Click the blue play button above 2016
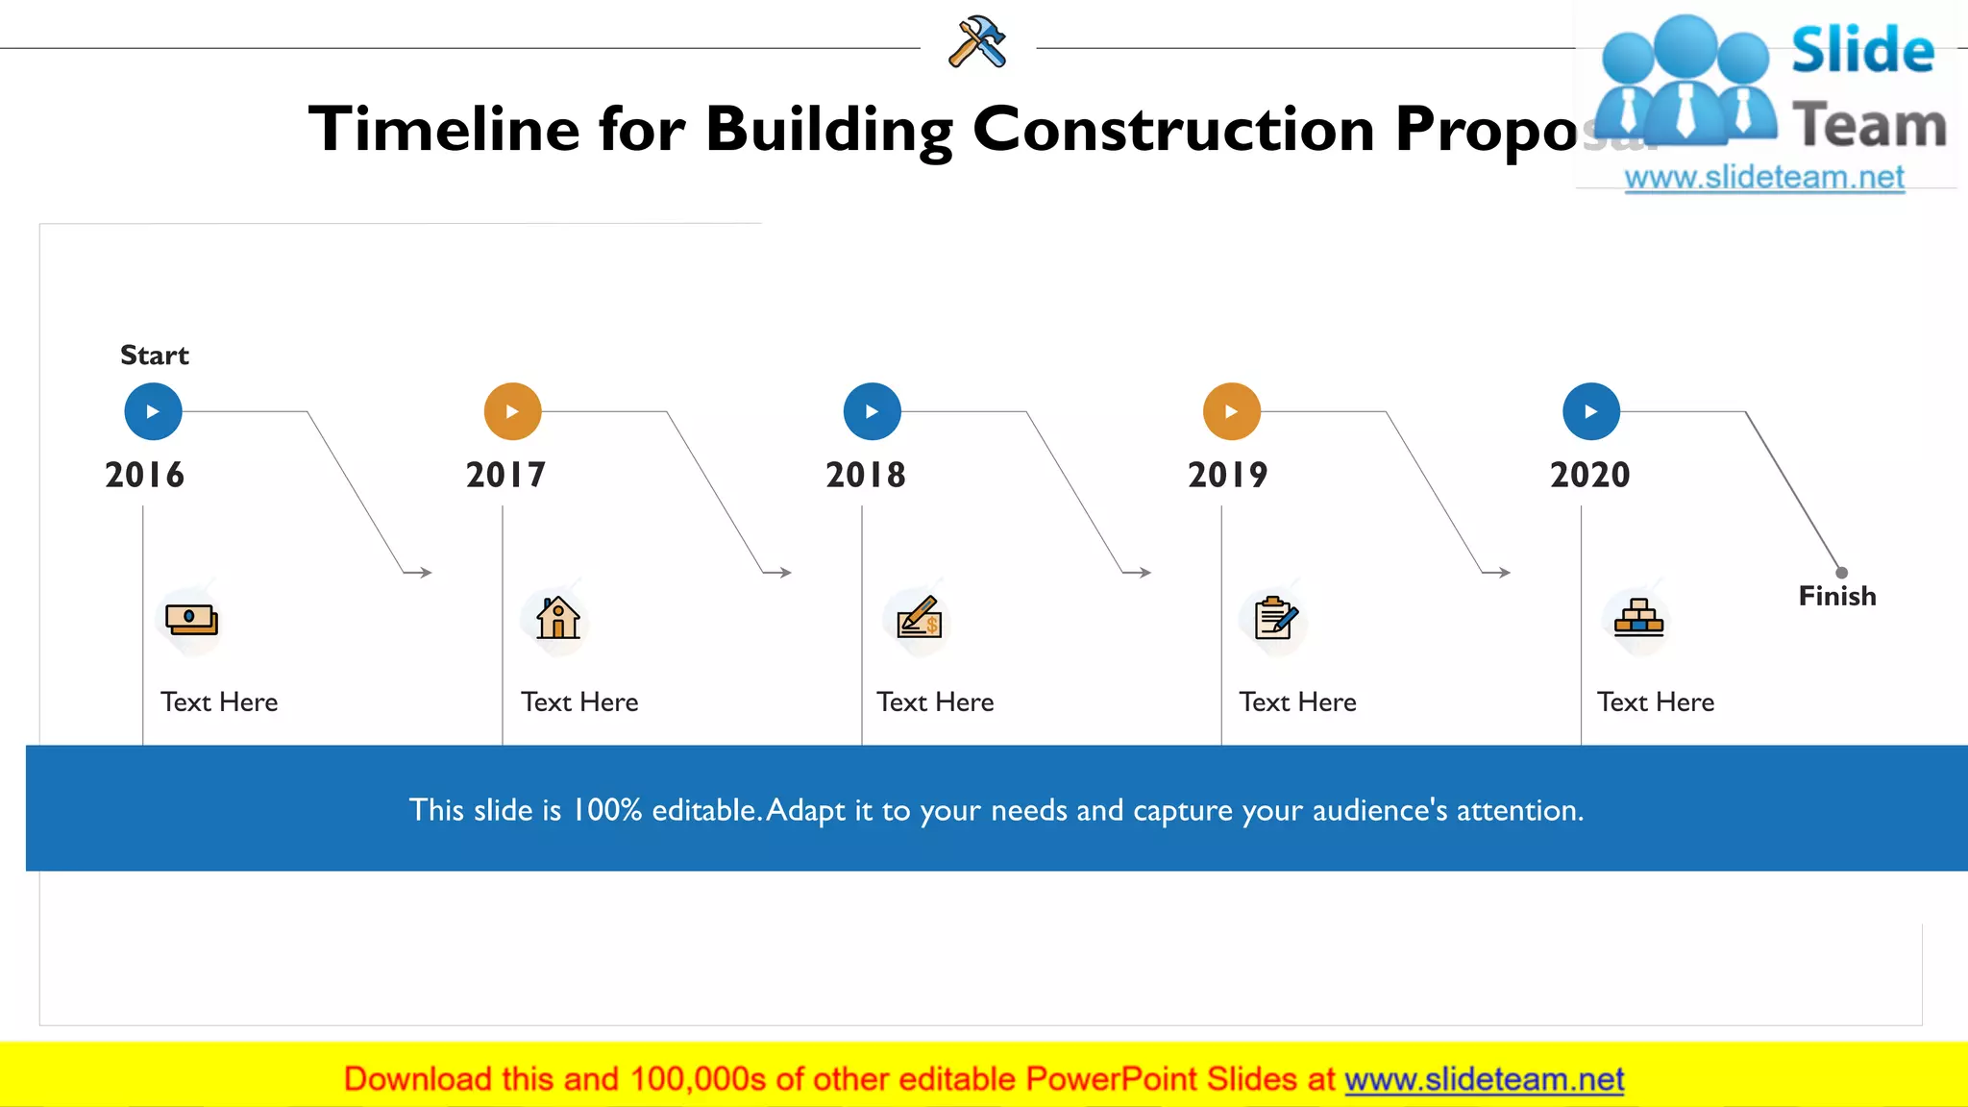point(153,411)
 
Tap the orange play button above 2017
point(512,411)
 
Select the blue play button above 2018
point(872,411)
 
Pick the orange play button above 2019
point(1231,411)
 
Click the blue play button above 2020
point(1590,411)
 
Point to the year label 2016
point(144,475)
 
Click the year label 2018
point(865,475)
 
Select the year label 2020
point(1589,475)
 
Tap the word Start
point(154,356)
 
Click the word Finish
point(1836,596)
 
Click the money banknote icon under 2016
point(191,619)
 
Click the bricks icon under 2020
point(1638,618)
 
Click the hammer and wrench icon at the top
point(977,42)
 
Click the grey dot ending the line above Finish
point(1841,573)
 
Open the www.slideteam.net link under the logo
point(1763,178)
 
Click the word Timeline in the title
point(444,129)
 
